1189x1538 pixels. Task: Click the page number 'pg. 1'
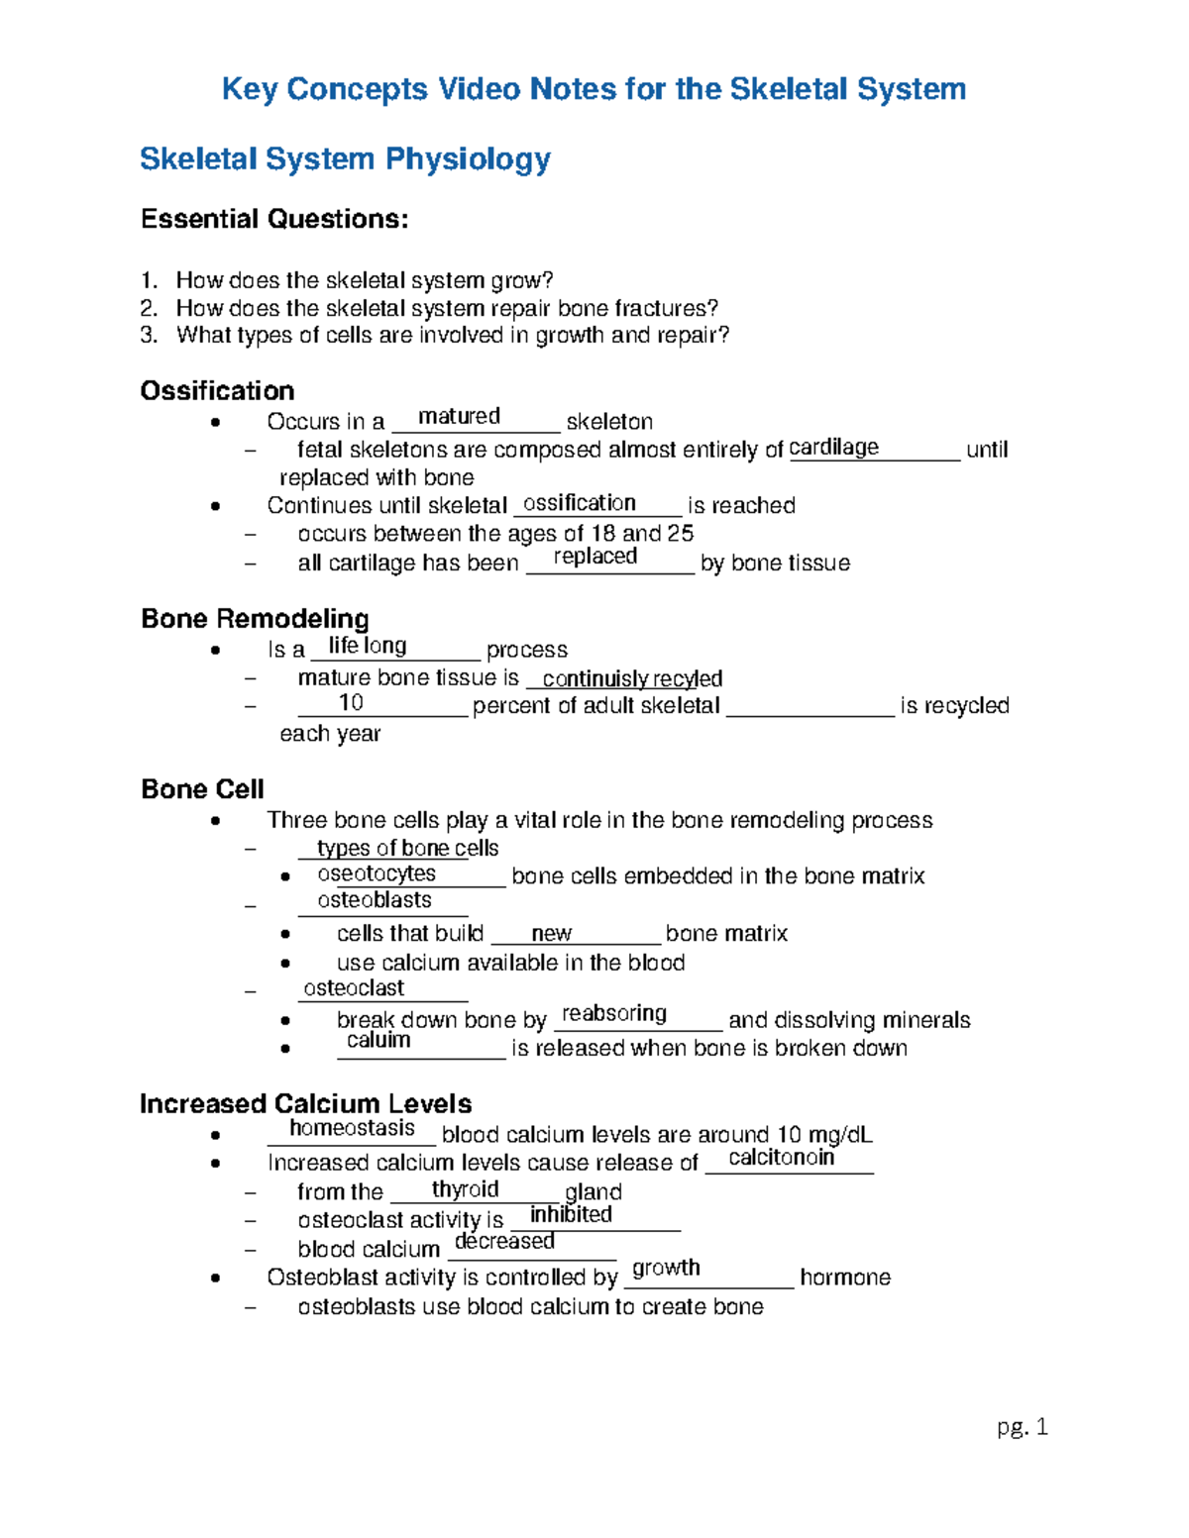click(1022, 1426)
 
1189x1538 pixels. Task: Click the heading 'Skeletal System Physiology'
click(345, 159)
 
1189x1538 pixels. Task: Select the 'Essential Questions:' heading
click(274, 219)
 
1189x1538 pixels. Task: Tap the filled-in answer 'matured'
click(459, 416)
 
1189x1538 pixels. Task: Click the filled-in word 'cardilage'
click(833, 447)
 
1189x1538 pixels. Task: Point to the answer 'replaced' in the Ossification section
click(594, 557)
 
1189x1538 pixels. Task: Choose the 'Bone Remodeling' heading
click(255, 619)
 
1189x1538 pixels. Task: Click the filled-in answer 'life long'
click(367, 646)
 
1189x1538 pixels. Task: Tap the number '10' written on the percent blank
click(351, 702)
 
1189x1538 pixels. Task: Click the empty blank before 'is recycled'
click(810, 707)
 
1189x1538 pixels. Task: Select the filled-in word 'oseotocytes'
click(377, 873)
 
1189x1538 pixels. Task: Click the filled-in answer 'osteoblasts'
click(375, 900)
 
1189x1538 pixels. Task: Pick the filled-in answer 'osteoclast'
click(354, 988)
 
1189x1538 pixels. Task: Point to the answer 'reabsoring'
click(614, 1013)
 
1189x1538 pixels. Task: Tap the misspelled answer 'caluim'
click(378, 1040)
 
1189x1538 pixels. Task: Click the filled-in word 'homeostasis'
click(352, 1128)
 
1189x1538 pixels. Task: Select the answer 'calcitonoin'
click(781, 1158)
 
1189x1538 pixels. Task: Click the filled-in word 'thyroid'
click(465, 1189)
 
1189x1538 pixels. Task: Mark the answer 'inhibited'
click(571, 1214)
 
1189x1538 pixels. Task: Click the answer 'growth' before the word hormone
click(666, 1268)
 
